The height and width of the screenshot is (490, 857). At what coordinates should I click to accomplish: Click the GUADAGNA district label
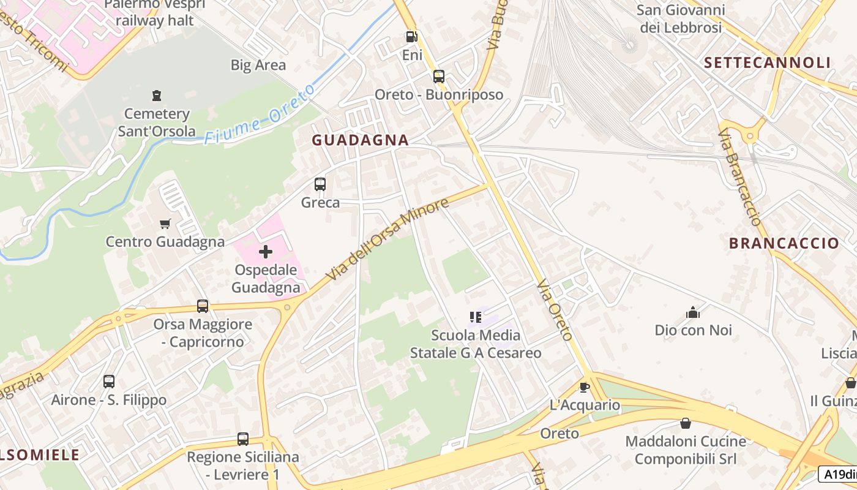(360, 140)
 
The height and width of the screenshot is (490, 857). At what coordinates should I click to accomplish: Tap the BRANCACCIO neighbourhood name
(784, 243)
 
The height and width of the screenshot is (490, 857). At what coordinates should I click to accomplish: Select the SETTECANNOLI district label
(767, 62)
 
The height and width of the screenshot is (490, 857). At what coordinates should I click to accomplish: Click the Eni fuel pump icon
(412, 37)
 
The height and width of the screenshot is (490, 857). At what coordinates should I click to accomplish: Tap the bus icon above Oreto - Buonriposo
(439, 77)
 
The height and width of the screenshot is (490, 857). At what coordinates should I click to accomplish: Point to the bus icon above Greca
(320, 184)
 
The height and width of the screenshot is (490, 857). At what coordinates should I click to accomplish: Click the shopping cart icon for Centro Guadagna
(165, 224)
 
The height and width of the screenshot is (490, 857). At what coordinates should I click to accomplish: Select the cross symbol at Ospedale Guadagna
(266, 252)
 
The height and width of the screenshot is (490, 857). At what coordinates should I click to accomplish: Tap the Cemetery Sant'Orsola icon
(157, 96)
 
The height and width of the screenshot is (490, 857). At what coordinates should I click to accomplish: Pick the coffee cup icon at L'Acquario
(584, 387)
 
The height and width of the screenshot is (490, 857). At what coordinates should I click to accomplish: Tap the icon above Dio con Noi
(693, 312)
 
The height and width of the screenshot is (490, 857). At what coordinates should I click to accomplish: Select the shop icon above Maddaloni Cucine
(685, 423)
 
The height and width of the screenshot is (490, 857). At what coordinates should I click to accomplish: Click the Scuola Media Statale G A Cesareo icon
(476, 317)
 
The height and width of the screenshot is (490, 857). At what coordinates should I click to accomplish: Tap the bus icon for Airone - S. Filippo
(109, 382)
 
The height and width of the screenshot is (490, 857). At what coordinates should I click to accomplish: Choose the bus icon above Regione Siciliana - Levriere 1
(243, 439)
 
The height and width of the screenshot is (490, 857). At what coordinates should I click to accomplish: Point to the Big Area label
(258, 65)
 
